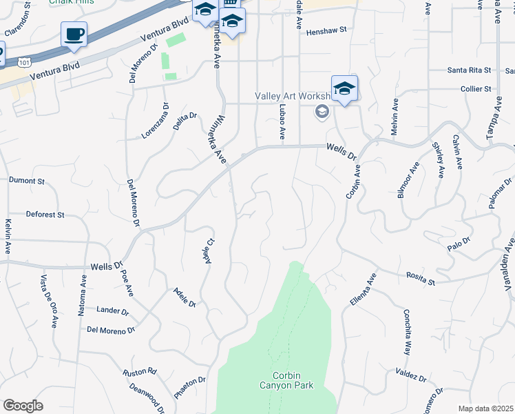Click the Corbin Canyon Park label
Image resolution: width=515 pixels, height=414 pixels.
[286, 380]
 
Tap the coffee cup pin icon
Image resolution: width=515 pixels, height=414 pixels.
[74, 34]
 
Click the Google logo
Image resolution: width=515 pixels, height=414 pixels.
[23, 406]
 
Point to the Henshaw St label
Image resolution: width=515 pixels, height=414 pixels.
[327, 31]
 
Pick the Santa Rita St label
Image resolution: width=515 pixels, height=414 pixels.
[469, 70]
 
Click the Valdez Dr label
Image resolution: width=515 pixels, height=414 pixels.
[412, 377]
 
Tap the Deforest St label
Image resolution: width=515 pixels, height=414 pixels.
[45, 215]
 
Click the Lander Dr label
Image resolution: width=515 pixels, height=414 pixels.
[109, 310]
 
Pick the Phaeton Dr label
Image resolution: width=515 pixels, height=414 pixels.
[190, 388]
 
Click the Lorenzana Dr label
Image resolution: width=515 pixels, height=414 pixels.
[156, 120]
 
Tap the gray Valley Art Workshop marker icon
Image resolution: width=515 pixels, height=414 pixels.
[322, 111]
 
